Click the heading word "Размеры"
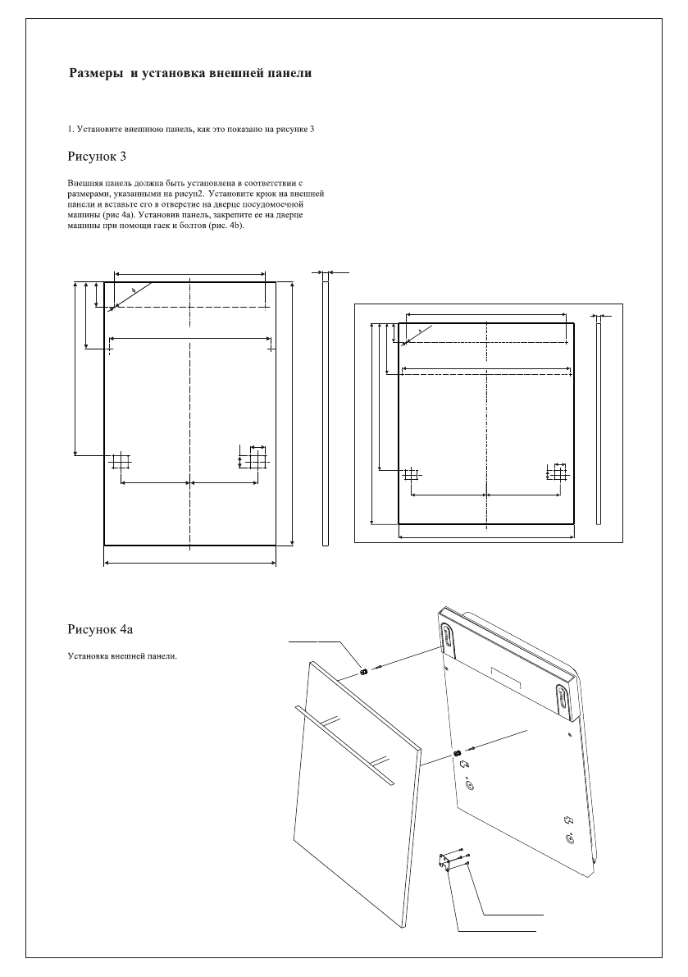pos(93,74)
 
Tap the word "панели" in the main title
pos(289,74)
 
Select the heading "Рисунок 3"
pos(95,155)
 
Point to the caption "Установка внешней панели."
pos(121,656)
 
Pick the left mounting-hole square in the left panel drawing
pos(121,461)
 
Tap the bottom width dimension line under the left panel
pos(189,564)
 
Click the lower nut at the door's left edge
pos(457,754)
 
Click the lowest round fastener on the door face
pos(572,838)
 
